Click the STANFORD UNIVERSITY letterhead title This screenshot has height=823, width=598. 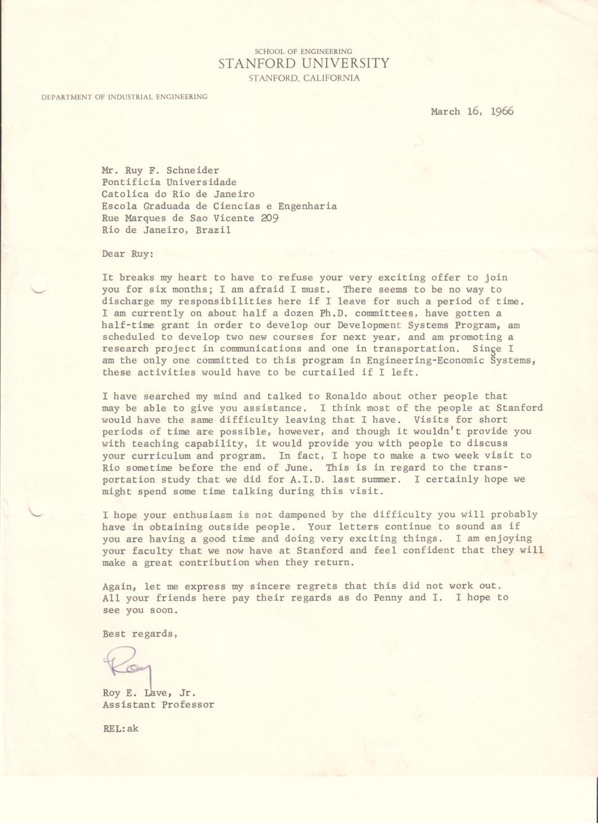pyautogui.click(x=304, y=64)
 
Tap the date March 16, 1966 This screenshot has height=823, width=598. pyautogui.click(x=472, y=112)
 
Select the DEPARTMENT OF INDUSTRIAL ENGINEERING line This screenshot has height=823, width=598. pyautogui.click(x=124, y=97)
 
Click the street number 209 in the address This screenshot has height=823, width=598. pyautogui.click(x=269, y=218)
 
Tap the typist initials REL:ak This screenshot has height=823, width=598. pyautogui.click(x=120, y=728)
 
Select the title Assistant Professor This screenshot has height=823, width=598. pyautogui.click(x=158, y=705)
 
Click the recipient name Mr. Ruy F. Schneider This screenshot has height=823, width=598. pyautogui.click(x=161, y=171)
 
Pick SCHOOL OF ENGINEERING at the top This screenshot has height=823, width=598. pyautogui.click(x=303, y=52)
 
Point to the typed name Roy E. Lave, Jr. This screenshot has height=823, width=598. pyautogui.click(x=149, y=693)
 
